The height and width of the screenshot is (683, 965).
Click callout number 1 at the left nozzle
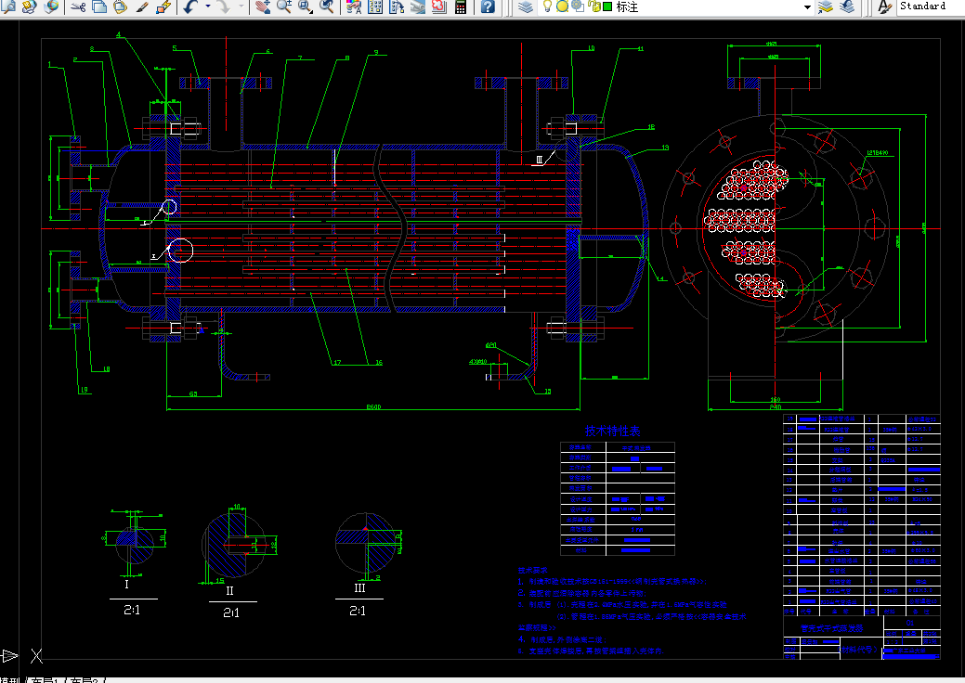(50, 64)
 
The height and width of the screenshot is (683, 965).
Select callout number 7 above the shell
(300, 58)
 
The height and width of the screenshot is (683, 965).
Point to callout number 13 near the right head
(664, 148)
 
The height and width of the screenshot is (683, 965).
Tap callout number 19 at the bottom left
(84, 391)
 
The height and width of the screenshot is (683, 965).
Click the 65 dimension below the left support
(193, 394)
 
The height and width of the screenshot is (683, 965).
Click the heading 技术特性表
(612, 432)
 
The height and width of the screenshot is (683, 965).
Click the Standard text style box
(930, 6)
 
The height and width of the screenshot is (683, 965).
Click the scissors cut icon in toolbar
(78, 7)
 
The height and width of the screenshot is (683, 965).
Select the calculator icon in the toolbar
(460, 7)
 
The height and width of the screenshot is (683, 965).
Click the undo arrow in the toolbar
(189, 7)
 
